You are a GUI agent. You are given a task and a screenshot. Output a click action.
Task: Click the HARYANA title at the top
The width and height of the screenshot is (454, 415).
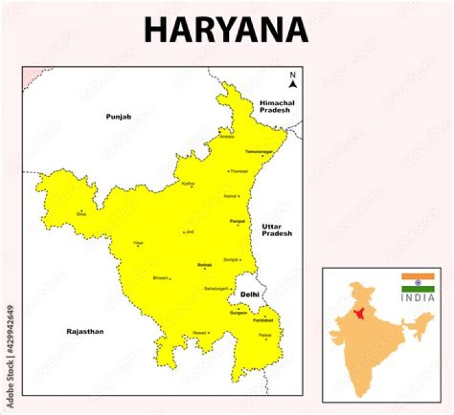click(x=226, y=30)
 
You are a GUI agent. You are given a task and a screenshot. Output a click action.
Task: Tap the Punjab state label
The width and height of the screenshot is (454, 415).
click(x=118, y=117)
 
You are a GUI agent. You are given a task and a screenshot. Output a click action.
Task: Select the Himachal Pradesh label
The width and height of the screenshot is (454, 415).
click(x=277, y=106)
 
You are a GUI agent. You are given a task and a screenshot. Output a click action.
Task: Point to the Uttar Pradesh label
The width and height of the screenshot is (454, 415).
click(x=277, y=230)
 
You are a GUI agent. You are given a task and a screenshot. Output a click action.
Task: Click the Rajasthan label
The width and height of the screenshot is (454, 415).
click(x=84, y=331)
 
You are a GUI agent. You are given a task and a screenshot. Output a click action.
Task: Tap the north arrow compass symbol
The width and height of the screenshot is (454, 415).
click(x=293, y=80)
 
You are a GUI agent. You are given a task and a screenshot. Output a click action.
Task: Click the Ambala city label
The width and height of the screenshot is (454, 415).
click(x=226, y=136)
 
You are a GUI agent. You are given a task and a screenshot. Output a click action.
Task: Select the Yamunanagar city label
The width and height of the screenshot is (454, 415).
click(x=259, y=152)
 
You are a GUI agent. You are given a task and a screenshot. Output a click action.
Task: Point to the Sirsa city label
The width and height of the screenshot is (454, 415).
click(x=81, y=214)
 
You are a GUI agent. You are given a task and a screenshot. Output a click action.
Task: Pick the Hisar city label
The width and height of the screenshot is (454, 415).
click(x=138, y=242)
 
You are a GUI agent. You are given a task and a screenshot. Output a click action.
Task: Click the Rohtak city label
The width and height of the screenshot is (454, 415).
click(x=205, y=265)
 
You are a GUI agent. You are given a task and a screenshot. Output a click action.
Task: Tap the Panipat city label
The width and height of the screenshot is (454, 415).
click(x=236, y=221)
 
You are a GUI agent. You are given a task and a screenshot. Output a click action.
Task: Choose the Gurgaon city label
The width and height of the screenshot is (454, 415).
click(x=238, y=313)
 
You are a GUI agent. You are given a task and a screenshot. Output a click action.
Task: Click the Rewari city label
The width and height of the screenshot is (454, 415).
click(x=200, y=333)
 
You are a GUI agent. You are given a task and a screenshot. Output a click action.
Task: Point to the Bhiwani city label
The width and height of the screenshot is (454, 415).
click(x=161, y=278)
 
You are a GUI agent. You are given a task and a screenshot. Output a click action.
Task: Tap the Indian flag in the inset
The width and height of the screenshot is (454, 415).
click(x=418, y=283)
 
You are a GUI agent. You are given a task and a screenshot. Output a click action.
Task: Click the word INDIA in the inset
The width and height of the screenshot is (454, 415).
click(x=418, y=298)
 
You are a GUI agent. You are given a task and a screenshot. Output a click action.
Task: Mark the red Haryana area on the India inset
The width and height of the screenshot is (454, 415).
click(x=360, y=314)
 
